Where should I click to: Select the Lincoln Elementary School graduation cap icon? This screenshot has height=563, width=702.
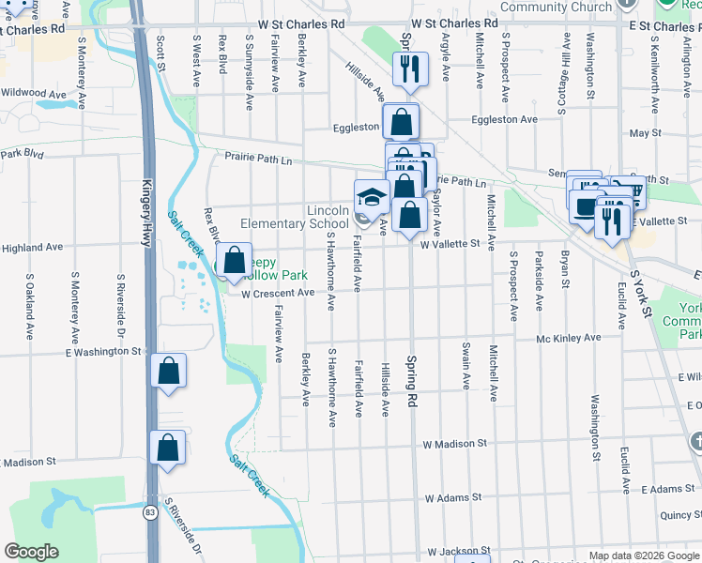(371, 198)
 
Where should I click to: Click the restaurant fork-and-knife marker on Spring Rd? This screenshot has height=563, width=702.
(410, 68)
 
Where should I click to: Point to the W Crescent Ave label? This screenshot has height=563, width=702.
(277, 293)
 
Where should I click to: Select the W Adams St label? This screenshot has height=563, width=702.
(452, 497)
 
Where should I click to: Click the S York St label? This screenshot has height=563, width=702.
(640, 294)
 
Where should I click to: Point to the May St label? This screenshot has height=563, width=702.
(646, 133)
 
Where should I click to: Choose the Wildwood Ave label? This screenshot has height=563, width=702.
(33, 94)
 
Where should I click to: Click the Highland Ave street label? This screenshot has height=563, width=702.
(31, 248)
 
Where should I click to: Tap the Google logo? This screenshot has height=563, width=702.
(31, 552)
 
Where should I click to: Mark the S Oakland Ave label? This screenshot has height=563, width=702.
(30, 306)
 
